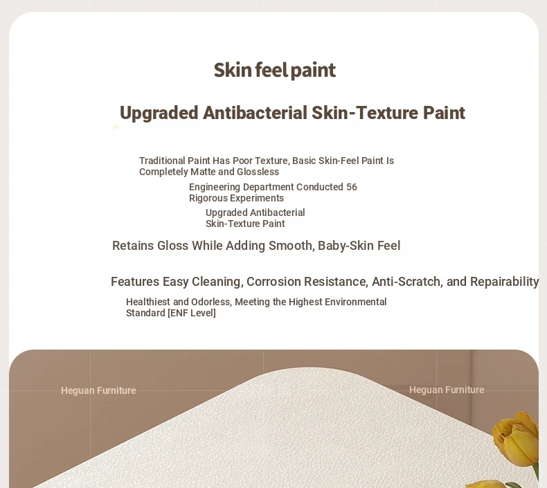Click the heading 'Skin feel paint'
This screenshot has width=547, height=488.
tap(275, 70)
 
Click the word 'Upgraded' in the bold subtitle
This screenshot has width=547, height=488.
tap(159, 113)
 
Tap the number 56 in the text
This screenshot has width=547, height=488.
tap(352, 187)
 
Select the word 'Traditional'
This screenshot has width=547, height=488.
tap(162, 161)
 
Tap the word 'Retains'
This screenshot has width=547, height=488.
tap(133, 246)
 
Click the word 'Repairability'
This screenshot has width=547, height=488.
tap(505, 282)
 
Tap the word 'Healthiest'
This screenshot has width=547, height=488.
tap(148, 302)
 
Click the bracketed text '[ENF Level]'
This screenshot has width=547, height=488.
tap(192, 313)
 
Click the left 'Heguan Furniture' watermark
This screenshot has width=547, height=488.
tap(98, 390)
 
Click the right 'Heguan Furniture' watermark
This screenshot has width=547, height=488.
tap(447, 390)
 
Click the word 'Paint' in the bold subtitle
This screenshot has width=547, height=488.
tap(444, 113)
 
